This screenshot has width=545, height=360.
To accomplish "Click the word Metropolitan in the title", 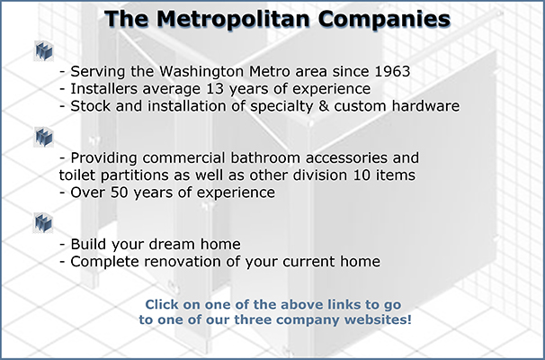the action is [x=233, y=19].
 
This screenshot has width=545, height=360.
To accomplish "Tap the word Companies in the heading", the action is [x=384, y=19].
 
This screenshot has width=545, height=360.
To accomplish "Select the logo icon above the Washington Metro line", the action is [x=44, y=50].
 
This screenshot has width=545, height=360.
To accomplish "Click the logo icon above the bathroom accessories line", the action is [x=44, y=137].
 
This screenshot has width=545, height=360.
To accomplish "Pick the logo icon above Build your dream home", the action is [x=44, y=222].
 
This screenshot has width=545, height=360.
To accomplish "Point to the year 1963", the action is [x=392, y=71].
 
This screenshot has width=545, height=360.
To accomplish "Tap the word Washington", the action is [x=201, y=72].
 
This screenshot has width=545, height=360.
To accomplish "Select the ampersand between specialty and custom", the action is [x=324, y=106].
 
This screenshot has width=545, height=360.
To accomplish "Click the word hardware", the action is [x=425, y=106].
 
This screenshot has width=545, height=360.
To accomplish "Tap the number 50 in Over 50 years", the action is [x=120, y=193].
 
